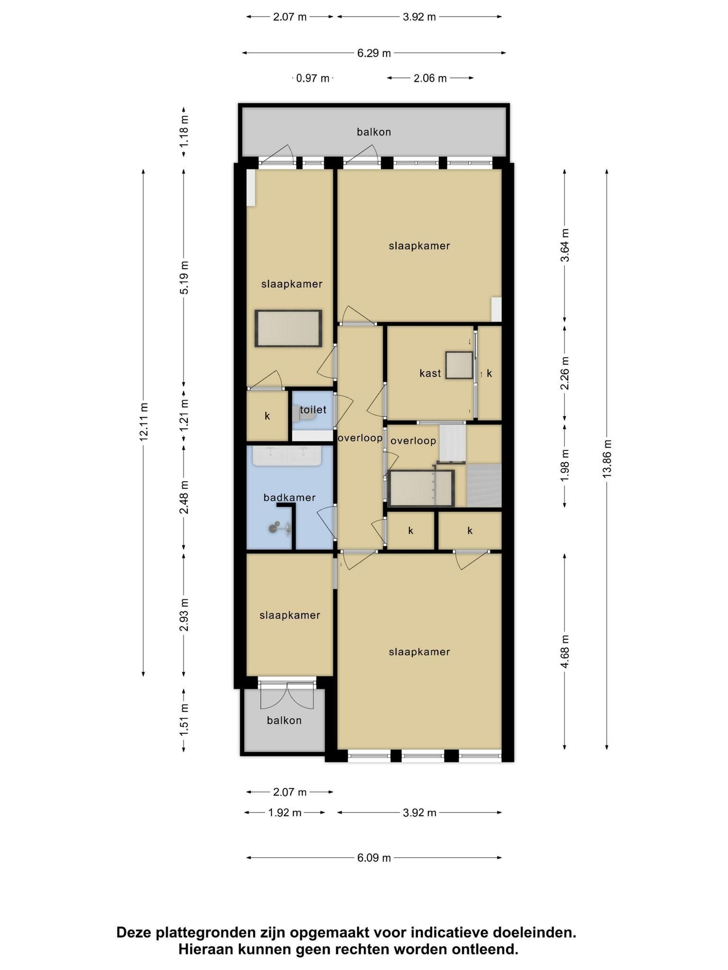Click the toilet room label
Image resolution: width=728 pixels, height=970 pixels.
[313, 410]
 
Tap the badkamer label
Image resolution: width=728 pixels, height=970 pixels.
[290, 497]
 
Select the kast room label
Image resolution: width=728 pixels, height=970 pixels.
[430, 373]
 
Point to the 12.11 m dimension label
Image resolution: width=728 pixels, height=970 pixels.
[144, 422]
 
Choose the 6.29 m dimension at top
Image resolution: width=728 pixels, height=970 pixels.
[374, 53]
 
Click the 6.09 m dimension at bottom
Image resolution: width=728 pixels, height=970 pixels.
[374, 858]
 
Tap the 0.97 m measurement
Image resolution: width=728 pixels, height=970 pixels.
[313, 78]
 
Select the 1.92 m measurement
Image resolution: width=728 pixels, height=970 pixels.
[285, 813]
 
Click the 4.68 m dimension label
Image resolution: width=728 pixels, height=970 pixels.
[564, 651]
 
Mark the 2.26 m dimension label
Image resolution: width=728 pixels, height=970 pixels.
[564, 373]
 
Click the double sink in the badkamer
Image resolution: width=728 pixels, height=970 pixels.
[287, 456]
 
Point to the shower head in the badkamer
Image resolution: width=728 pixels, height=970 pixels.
[274, 528]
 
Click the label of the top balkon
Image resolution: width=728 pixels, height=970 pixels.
[374, 132]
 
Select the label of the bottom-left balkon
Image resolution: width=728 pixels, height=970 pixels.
[284, 720]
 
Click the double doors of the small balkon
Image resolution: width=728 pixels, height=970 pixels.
[287, 696]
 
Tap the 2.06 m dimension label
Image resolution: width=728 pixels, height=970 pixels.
[430, 78]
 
